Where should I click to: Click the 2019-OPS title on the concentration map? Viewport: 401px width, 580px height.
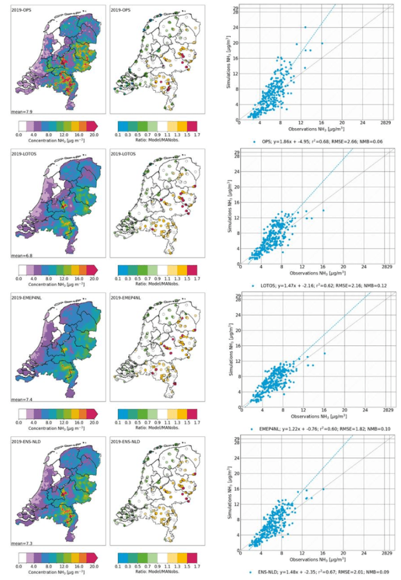point(23,10)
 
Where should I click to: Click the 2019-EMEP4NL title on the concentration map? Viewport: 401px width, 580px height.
point(27,298)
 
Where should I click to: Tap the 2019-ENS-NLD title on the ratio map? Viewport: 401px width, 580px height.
point(128,441)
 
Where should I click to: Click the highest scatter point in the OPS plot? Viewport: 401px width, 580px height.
point(305,27)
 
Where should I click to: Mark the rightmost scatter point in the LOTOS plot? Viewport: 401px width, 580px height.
point(323,210)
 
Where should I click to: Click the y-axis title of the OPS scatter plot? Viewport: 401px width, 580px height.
point(229,62)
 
